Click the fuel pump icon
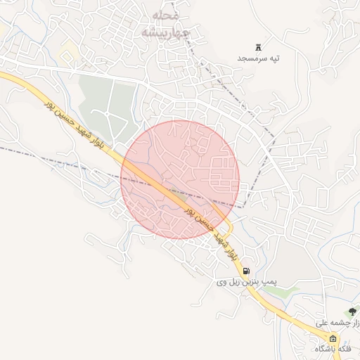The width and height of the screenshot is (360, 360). (x=245, y=271)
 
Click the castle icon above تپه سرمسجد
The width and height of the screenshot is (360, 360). (x=258, y=47)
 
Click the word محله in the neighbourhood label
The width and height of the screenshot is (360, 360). (x=166, y=15)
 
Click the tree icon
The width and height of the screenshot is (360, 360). (x=352, y=311)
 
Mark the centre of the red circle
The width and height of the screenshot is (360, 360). (x=180, y=179)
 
